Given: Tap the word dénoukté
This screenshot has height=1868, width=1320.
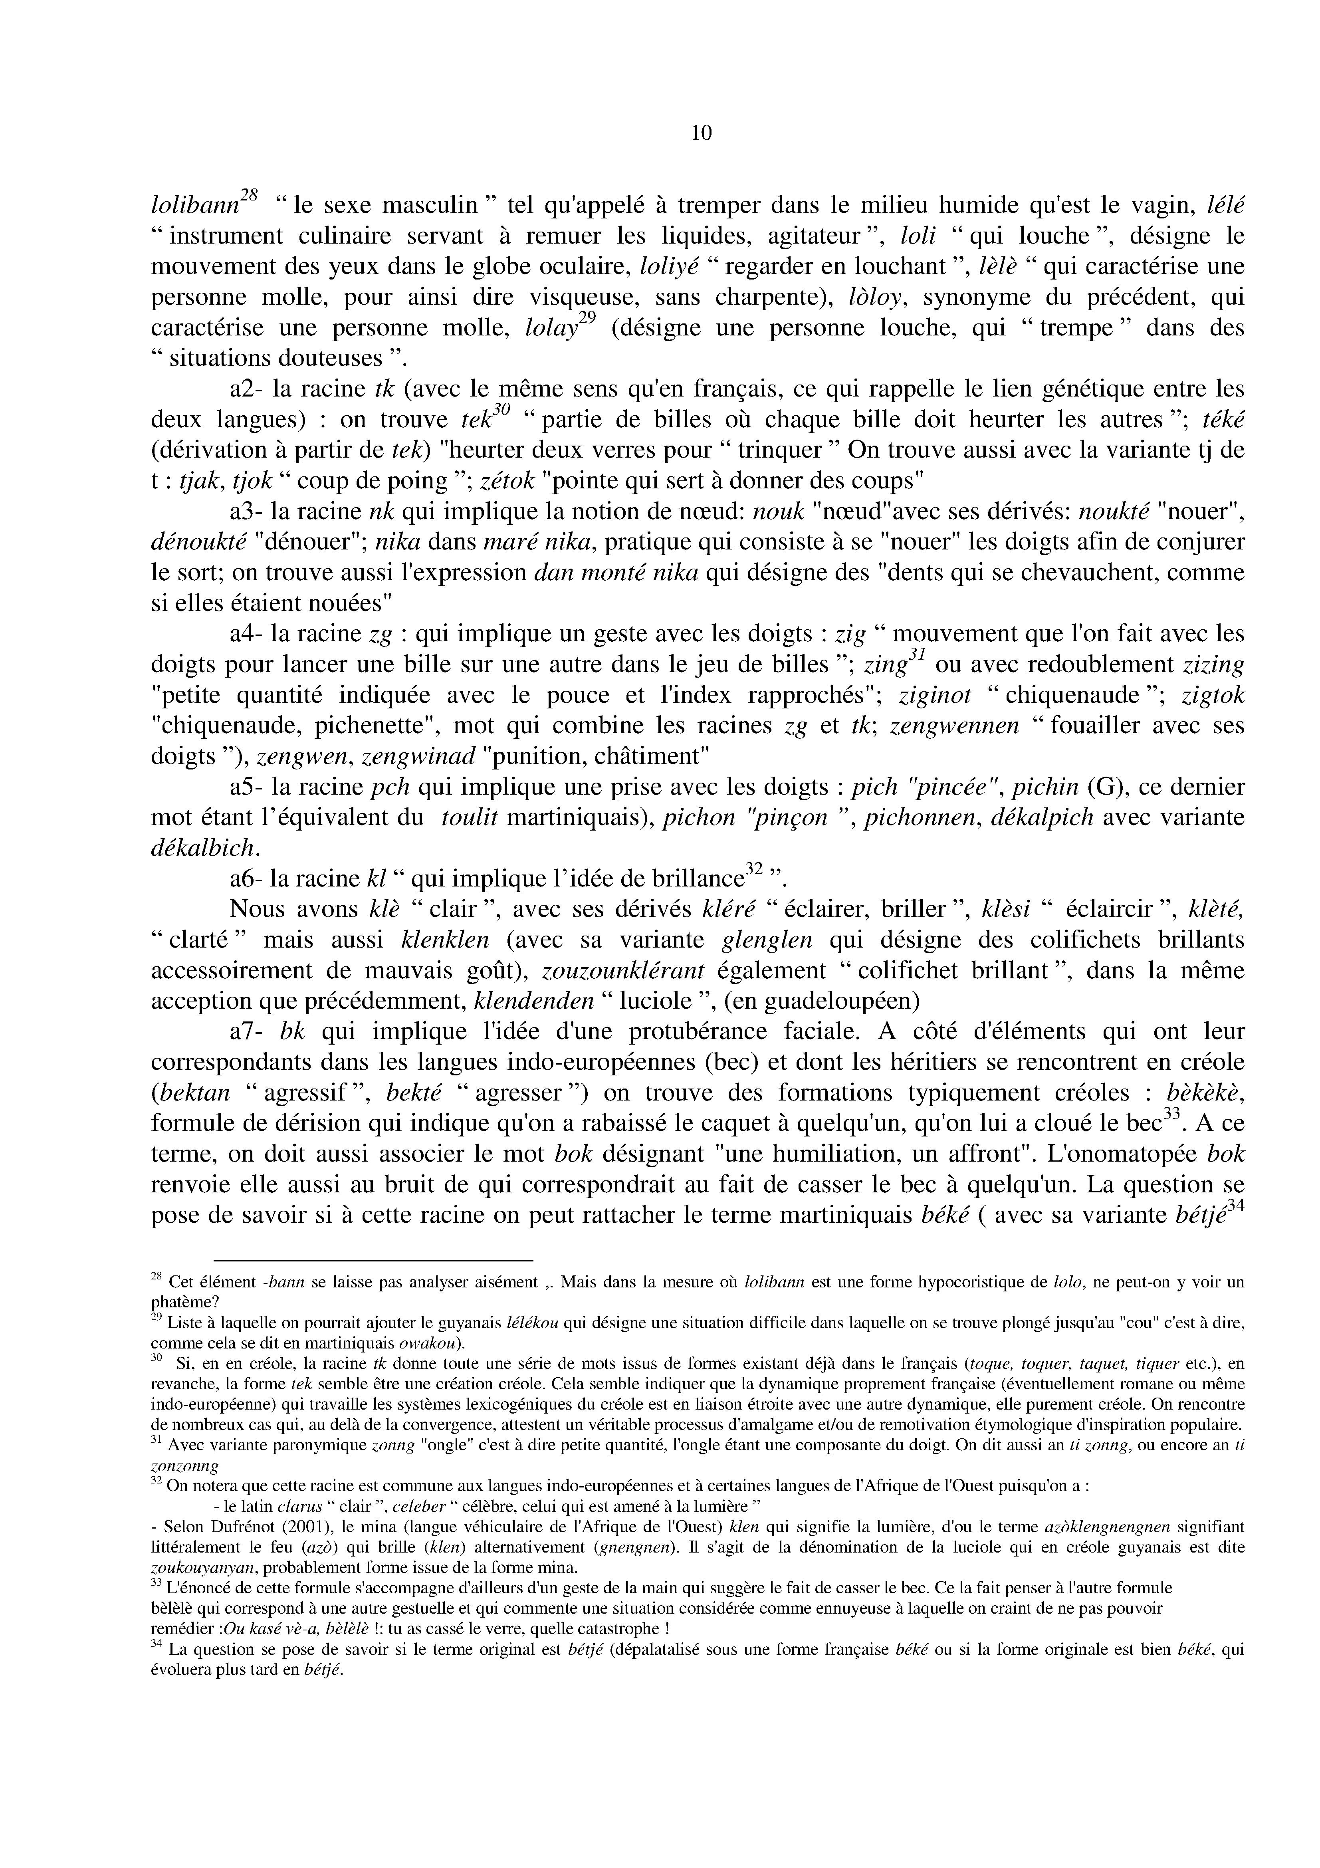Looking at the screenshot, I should click(x=198, y=543).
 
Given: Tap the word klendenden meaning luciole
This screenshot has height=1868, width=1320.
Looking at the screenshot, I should click(x=533, y=1001).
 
